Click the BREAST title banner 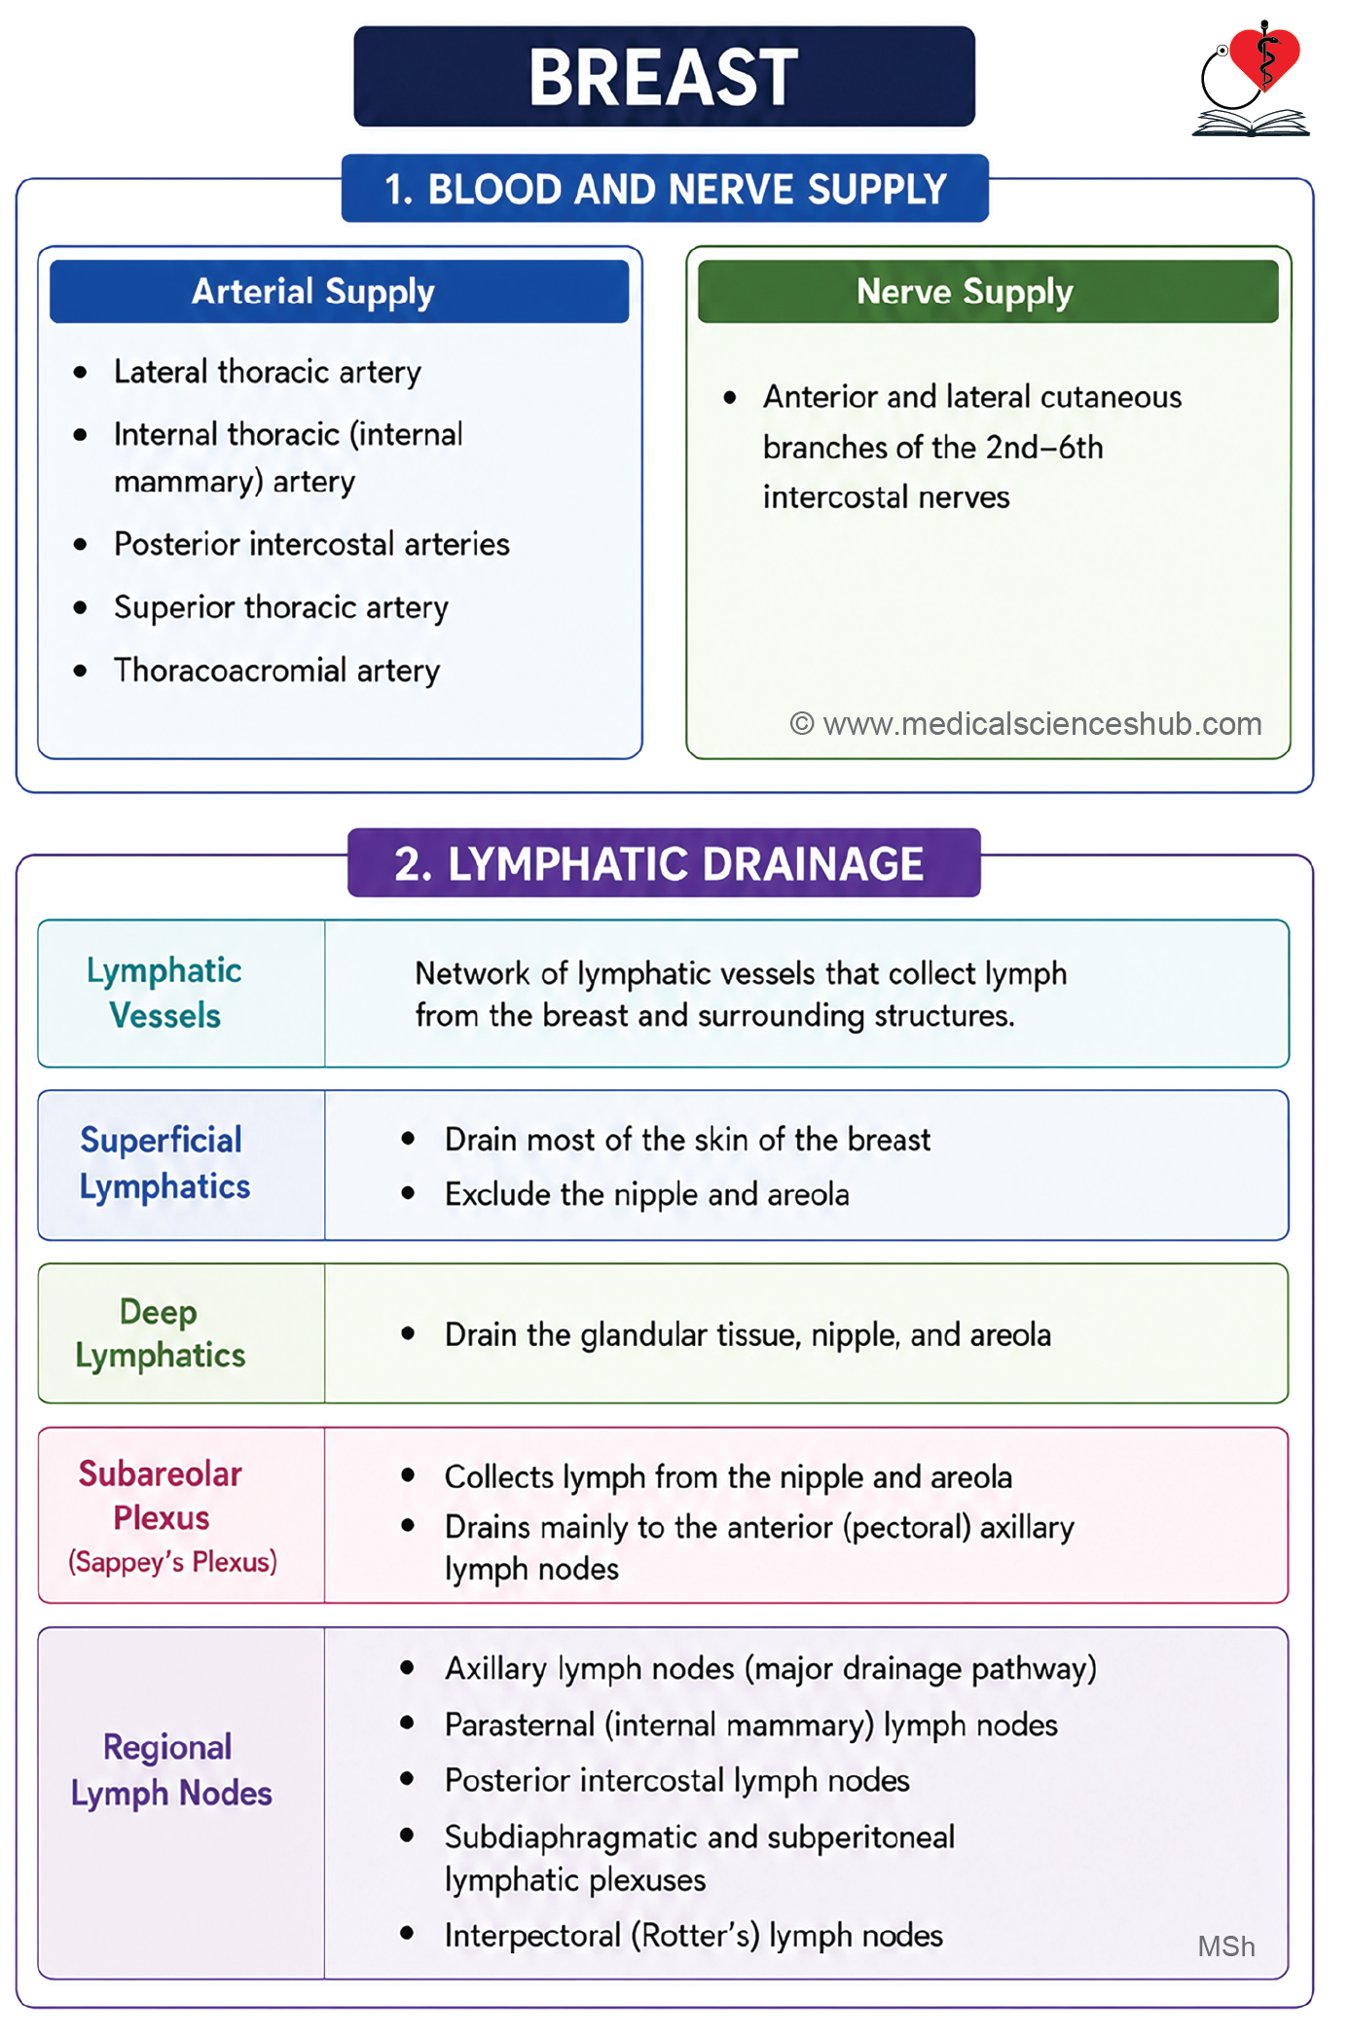pos(664,76)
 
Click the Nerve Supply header pos(988,291)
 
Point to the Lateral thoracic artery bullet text pos(268,372)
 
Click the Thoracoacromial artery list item pos(277,671)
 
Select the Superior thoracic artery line pos(281,607)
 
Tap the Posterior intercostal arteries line pos(311,544)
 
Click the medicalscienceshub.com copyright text pos(1026,724)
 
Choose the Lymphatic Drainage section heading pos(664,863)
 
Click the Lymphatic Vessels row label pos(164,993)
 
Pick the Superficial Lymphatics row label pos(164,1163)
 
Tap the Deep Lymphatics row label pos(161,1333)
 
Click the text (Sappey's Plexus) pos(172,1562)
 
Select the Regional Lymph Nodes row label pos(171,1770)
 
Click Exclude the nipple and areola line pos(647,1194)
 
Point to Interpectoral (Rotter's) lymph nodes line pos(694,1936)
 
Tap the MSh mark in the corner pos(1226,1946)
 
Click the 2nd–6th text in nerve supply pos(1044,448)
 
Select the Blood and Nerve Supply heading pos(665,189)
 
